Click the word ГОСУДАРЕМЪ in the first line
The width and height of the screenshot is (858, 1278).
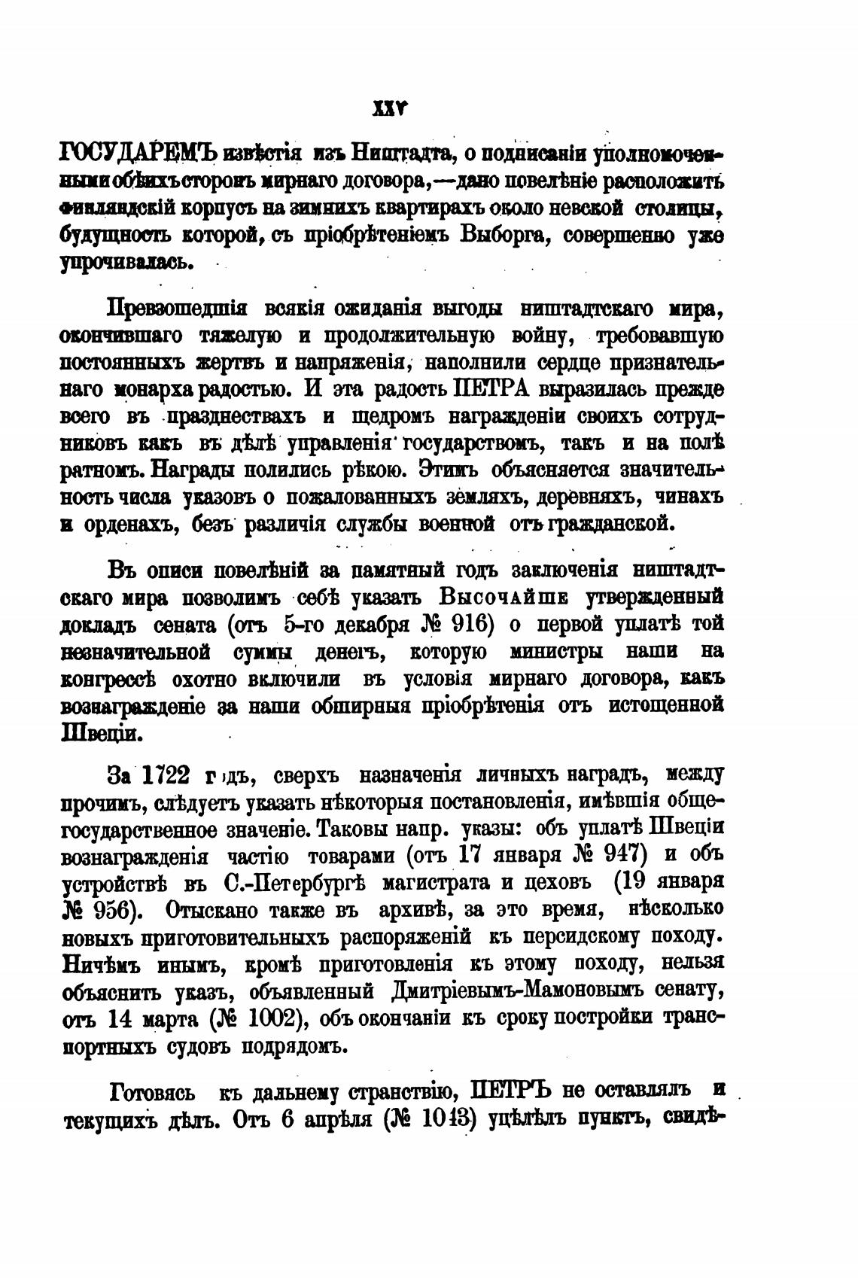137,154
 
